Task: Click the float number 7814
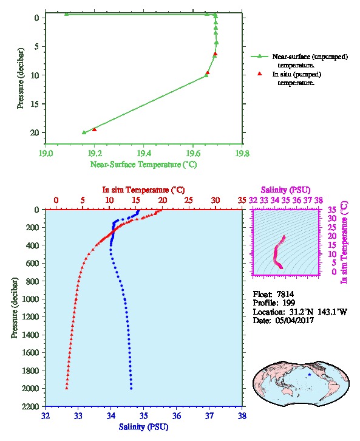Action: (x=285, y=294)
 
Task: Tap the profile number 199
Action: (x=288, y=303)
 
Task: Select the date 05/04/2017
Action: (x=294, y=320)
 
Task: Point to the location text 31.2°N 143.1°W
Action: (x=315, y=312)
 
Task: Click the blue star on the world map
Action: (x=310, y=375)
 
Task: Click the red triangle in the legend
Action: (x=260, y=74)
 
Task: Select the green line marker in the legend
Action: (x=260, y=56)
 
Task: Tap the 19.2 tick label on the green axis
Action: (x=95, y=154)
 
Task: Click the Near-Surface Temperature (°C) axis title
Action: (x=144, y=165)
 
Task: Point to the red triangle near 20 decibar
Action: (x=95, y=129)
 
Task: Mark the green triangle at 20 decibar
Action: (x=84, y=132)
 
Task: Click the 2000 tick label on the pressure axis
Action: (x=30, y=388)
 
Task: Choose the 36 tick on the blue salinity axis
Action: (x=177, y=415)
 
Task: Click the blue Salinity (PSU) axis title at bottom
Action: (x=144, y=427)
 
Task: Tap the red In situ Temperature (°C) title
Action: (x=143, y=190)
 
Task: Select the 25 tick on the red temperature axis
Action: (x=189, y=200)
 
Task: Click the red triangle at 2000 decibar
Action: (x=67, y=388)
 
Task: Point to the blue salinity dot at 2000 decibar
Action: (x=131, y=388)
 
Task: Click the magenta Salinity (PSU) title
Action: (x=285, y=190)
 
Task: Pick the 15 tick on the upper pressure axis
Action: (x=35, y=104)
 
